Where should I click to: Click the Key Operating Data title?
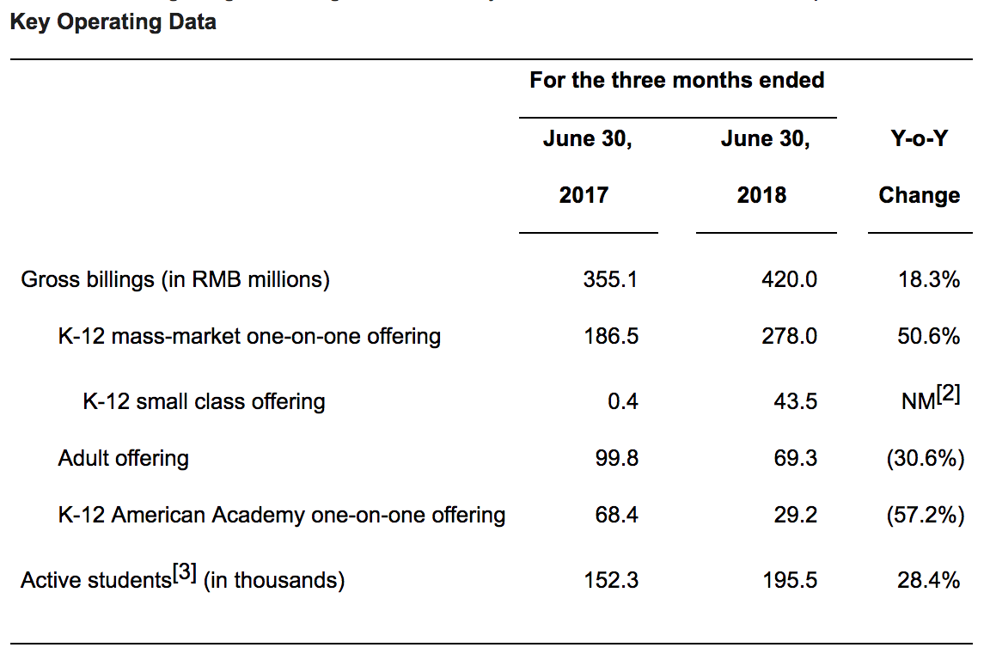pos(113,21)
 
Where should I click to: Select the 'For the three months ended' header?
pos(676,81)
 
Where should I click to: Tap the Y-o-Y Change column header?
pos(919,167)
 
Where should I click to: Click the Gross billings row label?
pos(175,279)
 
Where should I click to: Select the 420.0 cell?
pos(789,279)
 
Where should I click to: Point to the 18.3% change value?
pos(928,279)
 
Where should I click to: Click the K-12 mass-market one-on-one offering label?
pos(249,336)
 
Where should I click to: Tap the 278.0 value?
pos(789,336)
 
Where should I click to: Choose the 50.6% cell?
pos(928,336)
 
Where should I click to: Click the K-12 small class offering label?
pos(204,400)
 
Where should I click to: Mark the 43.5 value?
pos(795,400)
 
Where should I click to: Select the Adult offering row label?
pos(123,458)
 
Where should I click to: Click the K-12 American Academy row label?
pos(282,515)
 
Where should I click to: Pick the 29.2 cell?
pos(795,515)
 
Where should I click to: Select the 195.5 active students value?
pos(789,580)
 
